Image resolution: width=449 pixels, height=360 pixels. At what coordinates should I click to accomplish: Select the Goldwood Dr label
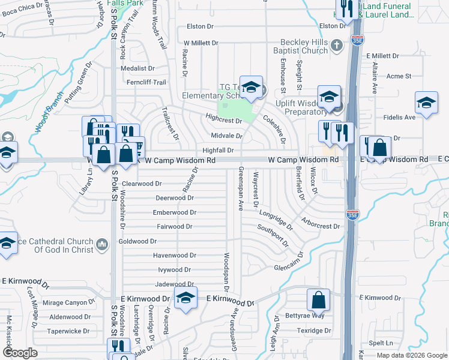pos(137,241)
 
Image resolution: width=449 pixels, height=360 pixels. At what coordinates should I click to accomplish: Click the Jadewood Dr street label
pos(175,284)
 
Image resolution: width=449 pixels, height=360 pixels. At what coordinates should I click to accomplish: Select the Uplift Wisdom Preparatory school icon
pos(329,97)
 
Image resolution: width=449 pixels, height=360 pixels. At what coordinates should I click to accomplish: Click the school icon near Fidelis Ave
pos(426,103)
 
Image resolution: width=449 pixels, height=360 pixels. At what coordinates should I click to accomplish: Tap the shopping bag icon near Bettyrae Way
pos(319,299)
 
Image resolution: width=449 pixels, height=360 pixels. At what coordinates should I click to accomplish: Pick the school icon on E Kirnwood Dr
pos(185,298)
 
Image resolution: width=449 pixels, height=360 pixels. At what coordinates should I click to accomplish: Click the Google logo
pos(20,353)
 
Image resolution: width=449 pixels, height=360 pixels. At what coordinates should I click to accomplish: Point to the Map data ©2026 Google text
pos(411,355)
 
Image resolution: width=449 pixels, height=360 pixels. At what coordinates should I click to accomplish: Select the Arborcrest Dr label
pos(321,223)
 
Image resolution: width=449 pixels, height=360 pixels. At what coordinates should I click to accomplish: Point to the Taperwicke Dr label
pos(68,331)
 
